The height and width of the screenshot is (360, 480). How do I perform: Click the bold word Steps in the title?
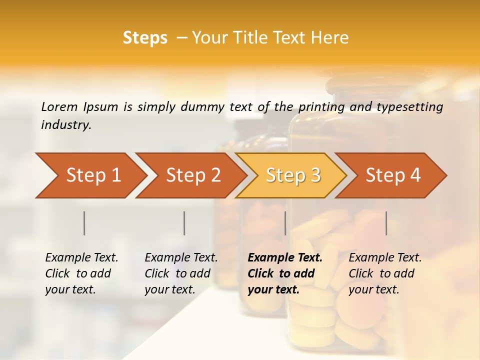pyautogui.click(x=145, y=38)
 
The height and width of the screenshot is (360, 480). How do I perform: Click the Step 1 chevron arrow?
pyautogui.click(x=90, y=175)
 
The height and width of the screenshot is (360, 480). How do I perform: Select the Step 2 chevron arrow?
pyautogui.click(x=192, y=175)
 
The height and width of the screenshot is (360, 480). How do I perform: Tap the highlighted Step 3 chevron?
pyautogui.click(x=292, y=175)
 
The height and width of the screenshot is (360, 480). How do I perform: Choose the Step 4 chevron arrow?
pyautogui.click(x=392, y=175)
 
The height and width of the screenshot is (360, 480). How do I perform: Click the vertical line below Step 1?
pyautogui.click(x=84, y=223)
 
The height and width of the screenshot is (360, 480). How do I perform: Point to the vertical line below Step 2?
pyautogui.click(x=184, y=223)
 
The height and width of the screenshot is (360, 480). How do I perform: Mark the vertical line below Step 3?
pyautogui.click(x=285, y=223)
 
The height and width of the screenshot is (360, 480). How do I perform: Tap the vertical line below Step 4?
pyautogui.click(x=386, y=223)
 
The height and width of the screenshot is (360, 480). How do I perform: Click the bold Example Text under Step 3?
pyautogui.click(x=285, y=273)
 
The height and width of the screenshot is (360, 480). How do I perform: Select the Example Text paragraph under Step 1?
pyautogui.click(x=81, y=273)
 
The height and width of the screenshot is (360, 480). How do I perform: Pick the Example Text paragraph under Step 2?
pyautogui.click(x=181, y=273)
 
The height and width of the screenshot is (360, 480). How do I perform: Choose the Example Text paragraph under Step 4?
pyautogui.click(x=385, y=273)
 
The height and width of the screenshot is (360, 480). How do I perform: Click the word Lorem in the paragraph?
pyautogui.click(x=59, y=106)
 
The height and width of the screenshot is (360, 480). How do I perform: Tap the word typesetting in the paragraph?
pyautogui.click(x=411, y=106)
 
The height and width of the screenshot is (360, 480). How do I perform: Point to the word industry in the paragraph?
pyautogui.click(x=66, y=125)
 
